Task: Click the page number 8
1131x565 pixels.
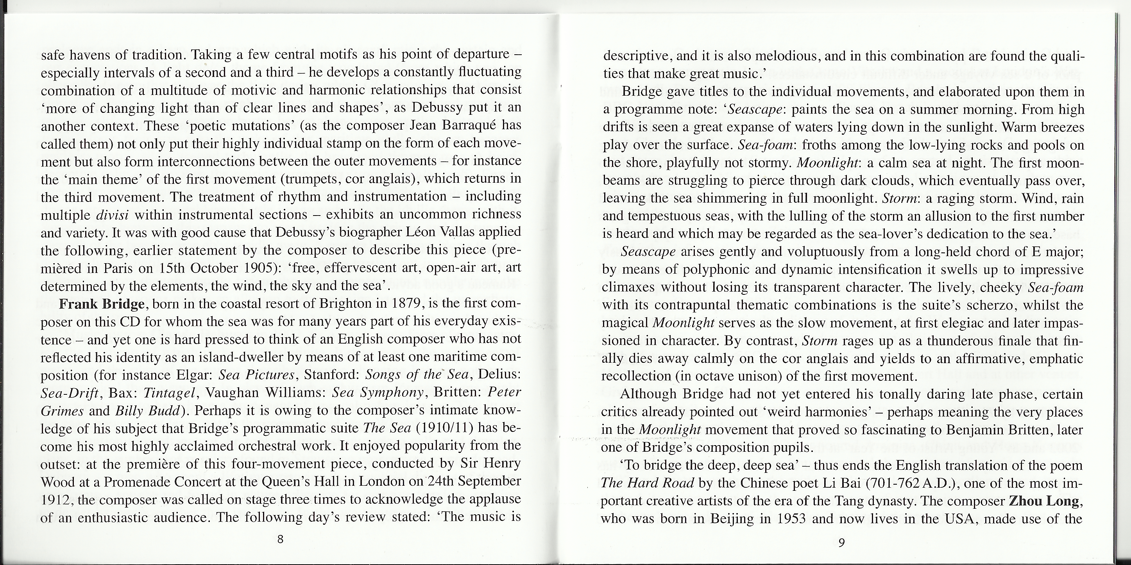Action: (280, 539)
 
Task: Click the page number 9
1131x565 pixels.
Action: (841, 543)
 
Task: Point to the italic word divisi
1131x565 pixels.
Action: (112, 215)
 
